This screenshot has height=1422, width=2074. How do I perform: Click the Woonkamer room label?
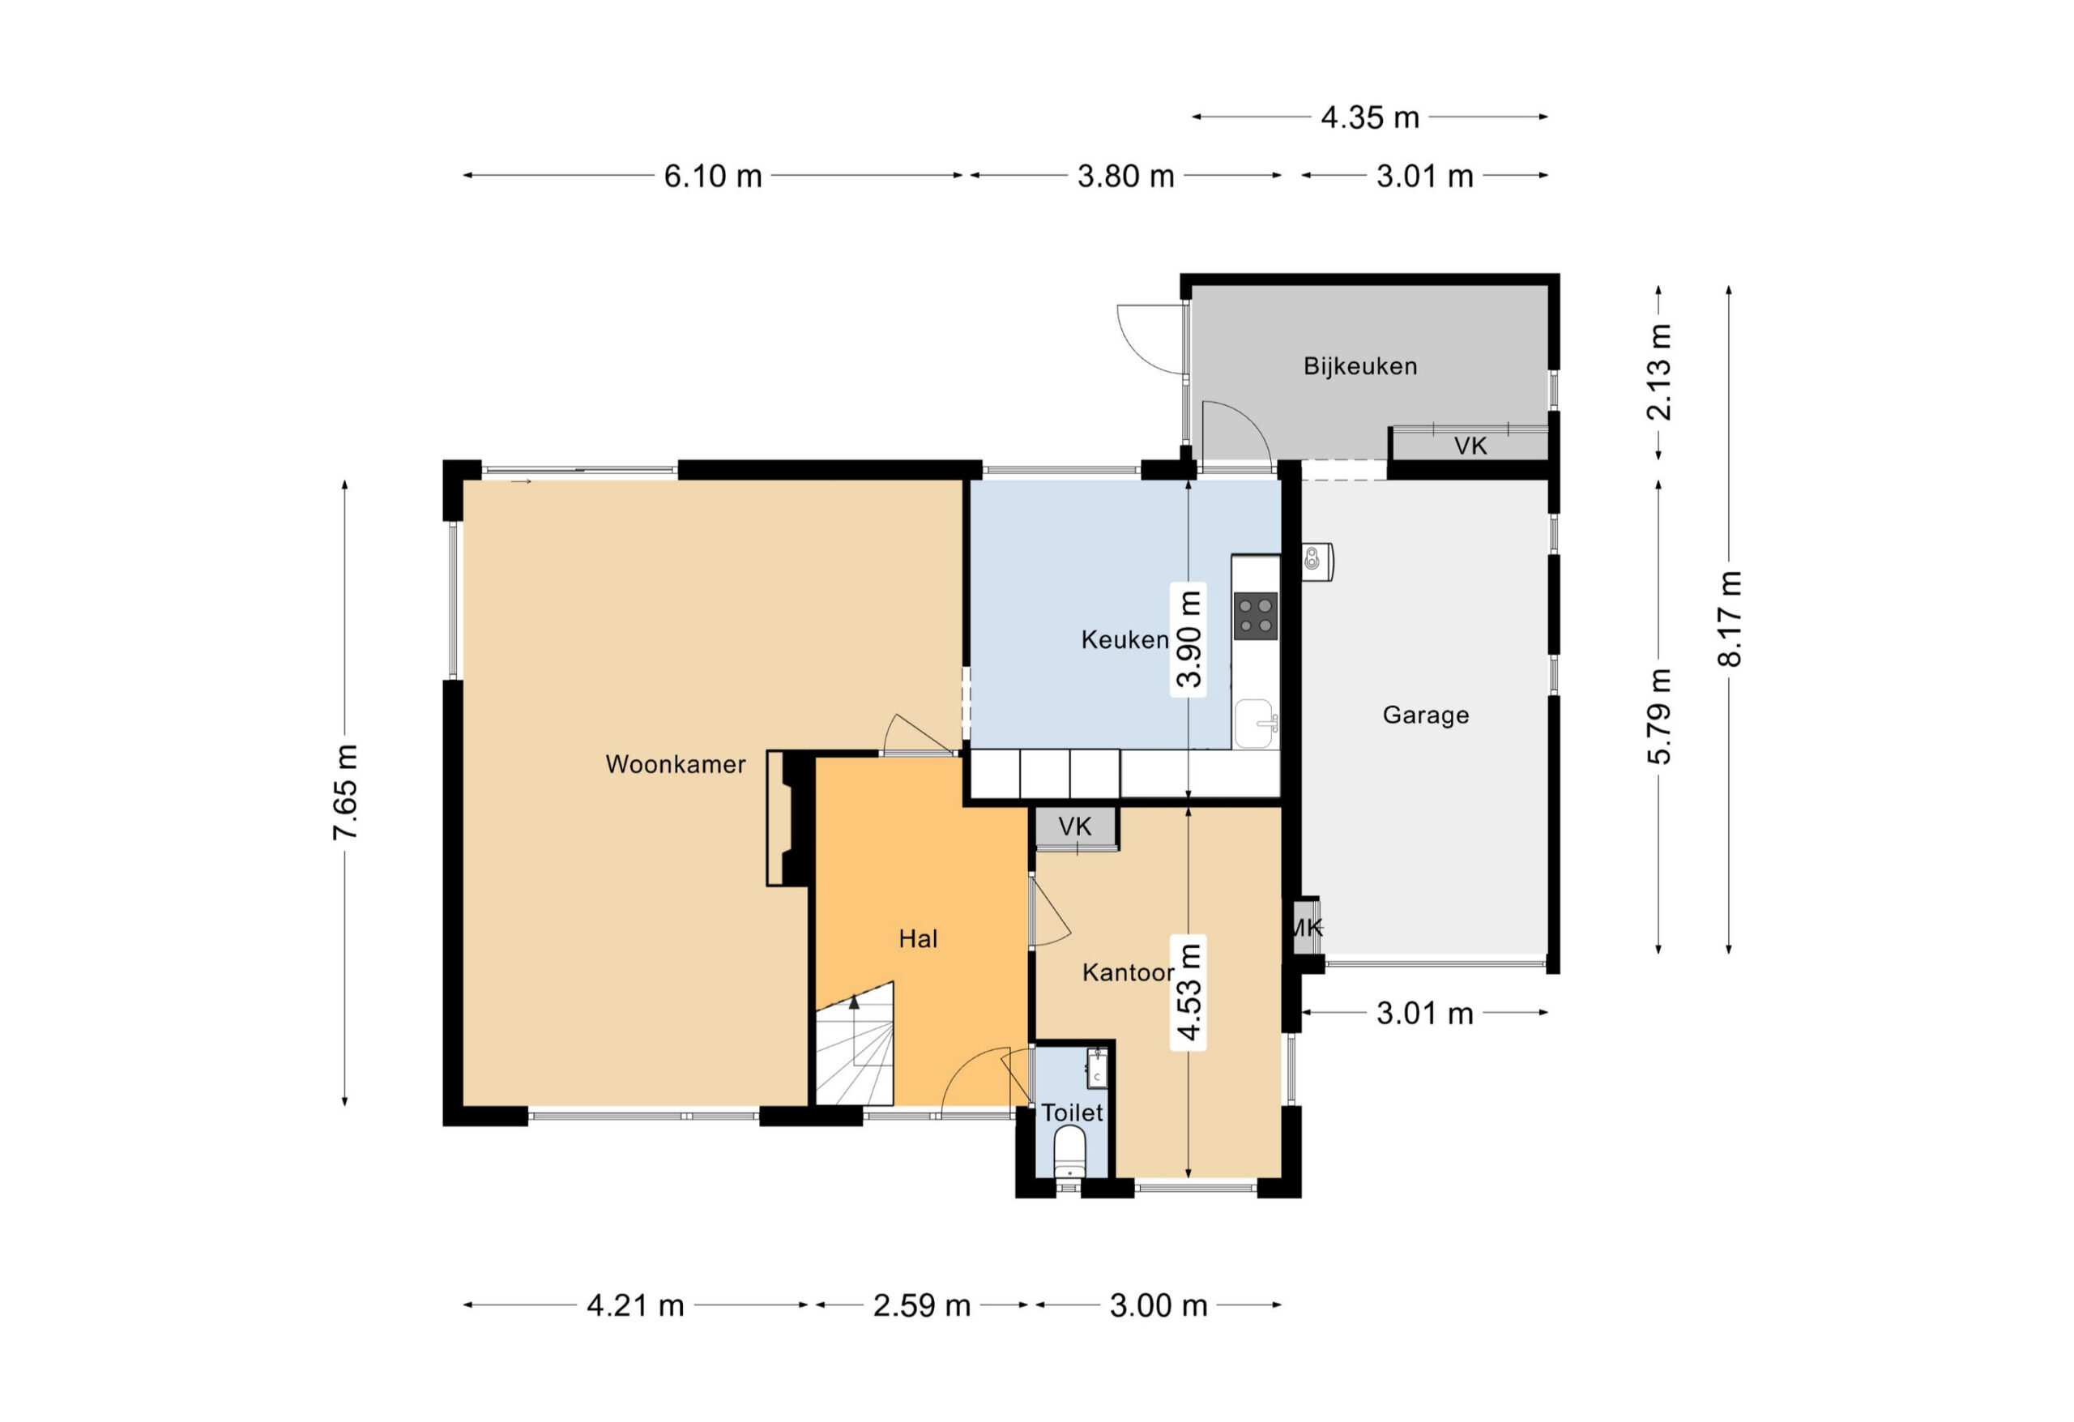[x=676, y=764]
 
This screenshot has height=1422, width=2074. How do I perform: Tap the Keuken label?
[x=1124, y=639]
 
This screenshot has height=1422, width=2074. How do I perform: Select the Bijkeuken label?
[x=1360, y=366]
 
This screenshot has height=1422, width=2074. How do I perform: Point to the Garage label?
[x=1425, y=715]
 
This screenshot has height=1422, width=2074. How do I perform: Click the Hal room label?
[x=917, y=938]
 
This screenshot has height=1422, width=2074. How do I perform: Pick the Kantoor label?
[x=1128, y=972]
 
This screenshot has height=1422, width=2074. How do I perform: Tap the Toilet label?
[x=1072, y=1112]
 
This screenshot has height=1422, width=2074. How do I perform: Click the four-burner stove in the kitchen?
[x=1256, y=616]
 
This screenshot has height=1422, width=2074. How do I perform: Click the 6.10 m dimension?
[x=712, y=176]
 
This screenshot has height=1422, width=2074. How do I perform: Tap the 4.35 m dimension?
[x=1370, y=117]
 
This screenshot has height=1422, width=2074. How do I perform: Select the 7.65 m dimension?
[x=344, y=792]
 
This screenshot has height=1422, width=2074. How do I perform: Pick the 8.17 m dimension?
[x=1729, y=618]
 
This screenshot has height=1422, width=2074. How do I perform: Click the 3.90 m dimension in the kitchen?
[x=1188, y=639]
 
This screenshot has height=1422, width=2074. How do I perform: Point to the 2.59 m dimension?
[x=922, y=1305]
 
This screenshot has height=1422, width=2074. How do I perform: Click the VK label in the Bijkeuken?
[x=1470, y=446]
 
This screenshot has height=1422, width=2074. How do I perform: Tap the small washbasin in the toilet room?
[x=1097, y=1069]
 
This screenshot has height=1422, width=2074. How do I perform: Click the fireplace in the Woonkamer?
[x=790, y=818]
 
